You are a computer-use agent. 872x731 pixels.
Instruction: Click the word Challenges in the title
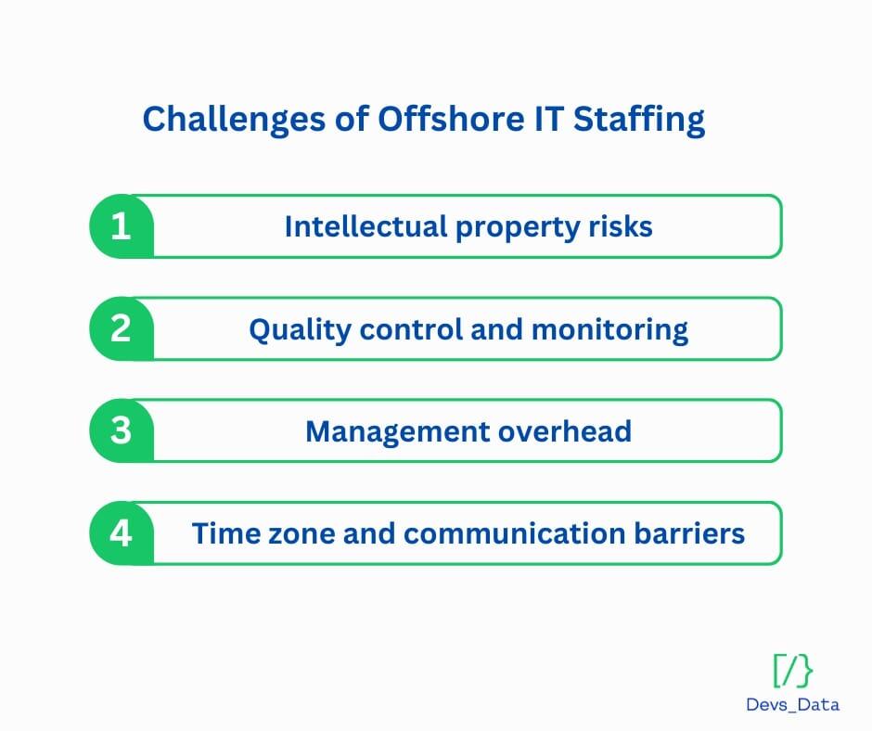[x=234, y=120]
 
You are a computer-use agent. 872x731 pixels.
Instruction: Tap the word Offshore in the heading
[x=451, y=119]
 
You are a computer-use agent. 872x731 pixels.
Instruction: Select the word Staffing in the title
[x=639, y=120]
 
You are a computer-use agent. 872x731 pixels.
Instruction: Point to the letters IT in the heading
[x=548, y=119]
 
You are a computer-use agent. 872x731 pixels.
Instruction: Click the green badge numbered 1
[x=122, y=226]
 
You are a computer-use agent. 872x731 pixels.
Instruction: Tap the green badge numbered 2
[x=122, y=328]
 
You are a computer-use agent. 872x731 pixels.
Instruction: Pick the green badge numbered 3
[x=122, y=430]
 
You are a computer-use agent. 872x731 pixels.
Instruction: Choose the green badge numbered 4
[x=122, y=533]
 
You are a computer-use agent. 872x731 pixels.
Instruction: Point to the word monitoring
[x=609, y=330]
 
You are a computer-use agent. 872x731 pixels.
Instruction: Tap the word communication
[x=514, y=533]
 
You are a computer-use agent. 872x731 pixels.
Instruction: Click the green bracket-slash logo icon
[x=793, y=671]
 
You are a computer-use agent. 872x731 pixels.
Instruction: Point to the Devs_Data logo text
[x=792, y=705]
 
